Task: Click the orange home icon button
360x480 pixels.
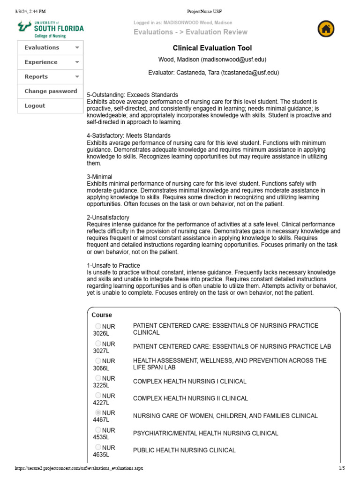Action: point(326,29)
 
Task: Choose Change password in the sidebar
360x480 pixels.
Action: point(51,91)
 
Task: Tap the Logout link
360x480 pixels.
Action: point(35,106)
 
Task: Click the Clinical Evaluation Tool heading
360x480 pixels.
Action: point(212,48)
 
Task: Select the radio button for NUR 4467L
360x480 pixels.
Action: point(98,412)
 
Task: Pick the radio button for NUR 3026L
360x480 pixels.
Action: point(98,326)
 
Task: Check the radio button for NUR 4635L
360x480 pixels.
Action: point(98,447)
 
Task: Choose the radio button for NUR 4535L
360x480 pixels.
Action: point(98,430)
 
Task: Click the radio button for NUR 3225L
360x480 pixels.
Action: point(98,378)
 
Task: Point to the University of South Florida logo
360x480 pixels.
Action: point(51,29)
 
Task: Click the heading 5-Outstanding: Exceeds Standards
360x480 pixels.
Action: point(133,95)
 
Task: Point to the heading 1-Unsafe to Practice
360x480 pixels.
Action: point(113,265)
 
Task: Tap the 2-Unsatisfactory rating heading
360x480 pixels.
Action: point(108,217)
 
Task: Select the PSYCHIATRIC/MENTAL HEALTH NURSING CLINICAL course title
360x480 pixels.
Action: point(206,433)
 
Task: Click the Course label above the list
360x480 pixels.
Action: point(102,315)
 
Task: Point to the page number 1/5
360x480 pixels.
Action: point(341,468)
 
